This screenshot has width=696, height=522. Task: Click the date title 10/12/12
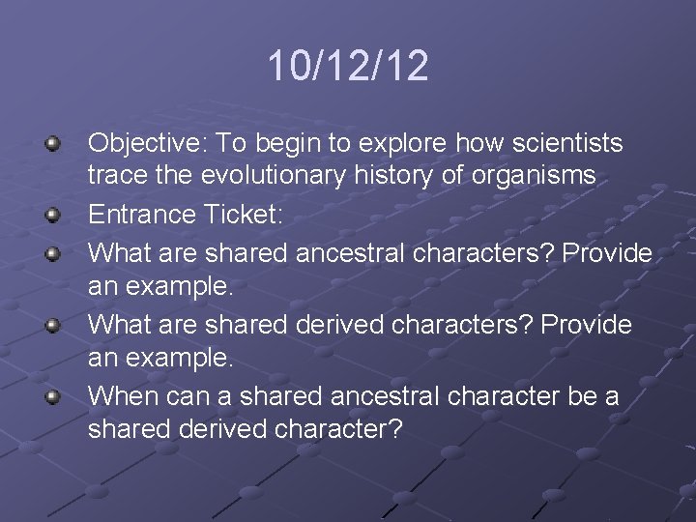[x=348, y=67]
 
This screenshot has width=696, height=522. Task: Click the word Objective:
[x=148, y=144]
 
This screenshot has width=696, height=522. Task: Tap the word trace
[x=112, y=176]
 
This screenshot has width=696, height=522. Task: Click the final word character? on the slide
[x=338, y=429]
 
